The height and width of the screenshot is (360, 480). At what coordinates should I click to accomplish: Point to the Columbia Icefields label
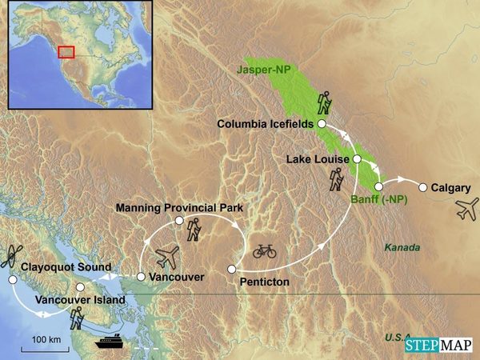[266, 124]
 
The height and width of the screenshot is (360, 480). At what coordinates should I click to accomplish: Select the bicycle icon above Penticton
[264, 250]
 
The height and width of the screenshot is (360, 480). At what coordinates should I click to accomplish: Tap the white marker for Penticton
[231, 269]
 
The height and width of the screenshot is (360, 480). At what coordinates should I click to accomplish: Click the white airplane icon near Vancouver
[169, 257]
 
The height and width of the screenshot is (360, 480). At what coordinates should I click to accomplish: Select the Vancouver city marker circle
[141, 277]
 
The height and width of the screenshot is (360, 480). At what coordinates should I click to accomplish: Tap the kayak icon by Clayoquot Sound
[11, 256]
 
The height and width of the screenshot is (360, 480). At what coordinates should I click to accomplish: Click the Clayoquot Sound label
[66, 266]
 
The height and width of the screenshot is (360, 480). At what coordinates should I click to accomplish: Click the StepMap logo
[438, 345]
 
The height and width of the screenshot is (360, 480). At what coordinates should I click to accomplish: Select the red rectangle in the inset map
[67, 51]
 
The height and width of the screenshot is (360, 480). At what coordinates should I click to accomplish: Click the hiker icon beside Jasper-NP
[324, 102]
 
